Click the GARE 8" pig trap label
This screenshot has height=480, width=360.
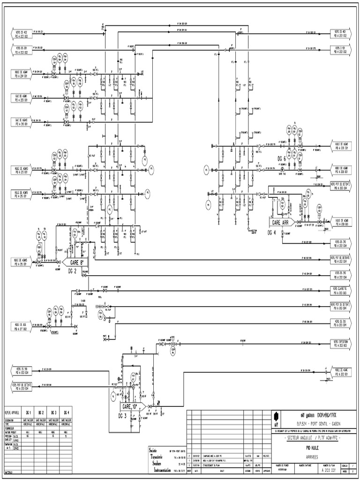click(x=75, y=263)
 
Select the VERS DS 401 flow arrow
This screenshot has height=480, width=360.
click(x=339, y=34)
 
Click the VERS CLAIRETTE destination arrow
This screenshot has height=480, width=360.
click(x=339, y=291)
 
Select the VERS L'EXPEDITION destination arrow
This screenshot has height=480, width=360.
click(x=339, y=344)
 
